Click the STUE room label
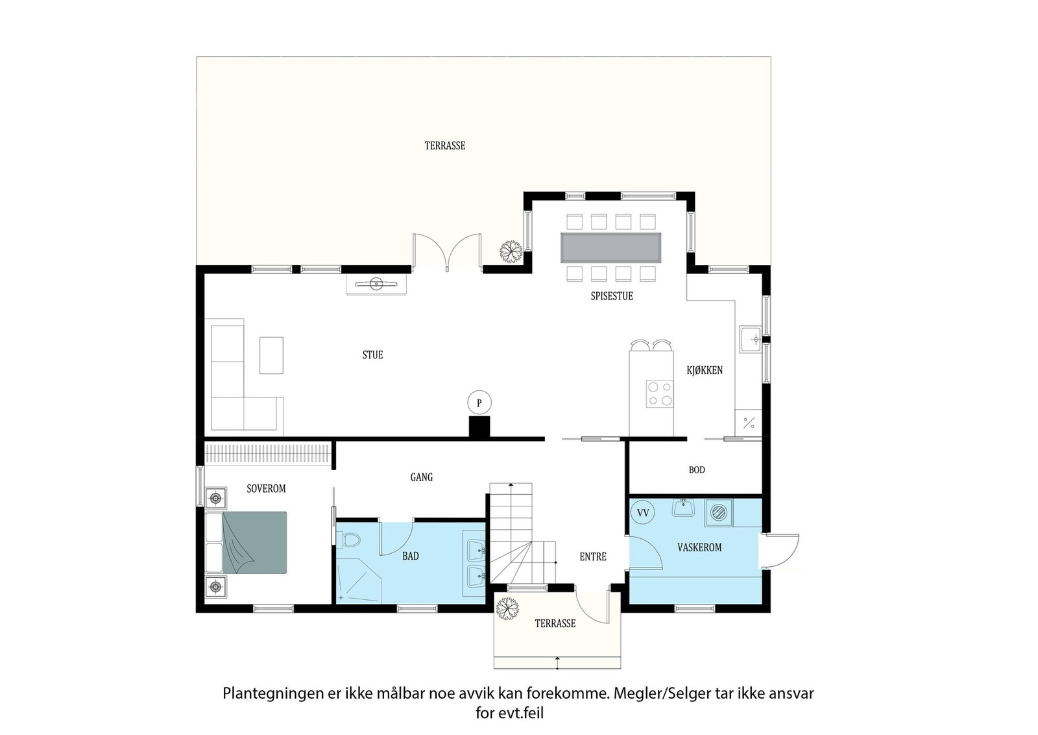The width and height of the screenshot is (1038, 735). click(372, 355)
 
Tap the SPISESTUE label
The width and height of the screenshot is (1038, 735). click(612, 296)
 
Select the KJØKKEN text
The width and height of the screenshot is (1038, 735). click(705, 370)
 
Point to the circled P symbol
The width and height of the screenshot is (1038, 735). click(479, 403)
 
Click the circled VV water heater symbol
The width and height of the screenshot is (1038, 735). click(643, 513)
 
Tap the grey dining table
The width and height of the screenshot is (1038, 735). click(610, 248)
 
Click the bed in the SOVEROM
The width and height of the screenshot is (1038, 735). click(246, 543)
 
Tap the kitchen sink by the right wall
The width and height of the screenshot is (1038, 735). click(751, 340)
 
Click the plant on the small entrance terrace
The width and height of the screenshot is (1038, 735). click(507, 608)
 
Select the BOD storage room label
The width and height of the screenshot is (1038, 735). click(697, 470)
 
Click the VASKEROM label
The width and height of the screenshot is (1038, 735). click(699, 547)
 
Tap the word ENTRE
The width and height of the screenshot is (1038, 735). click(593, 557)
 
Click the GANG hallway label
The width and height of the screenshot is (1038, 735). click(421, 477)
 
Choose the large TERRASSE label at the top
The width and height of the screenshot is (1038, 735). click(445, 146)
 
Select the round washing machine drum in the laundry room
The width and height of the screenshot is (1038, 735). click(719, 514)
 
